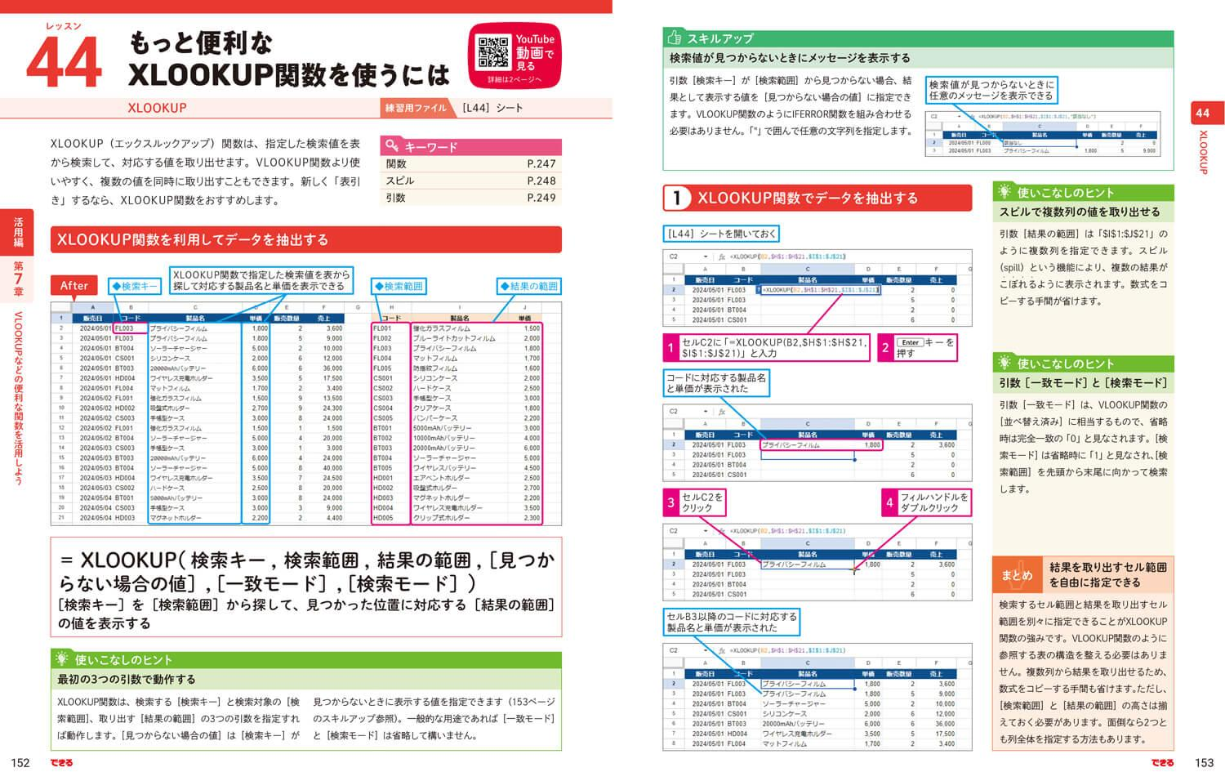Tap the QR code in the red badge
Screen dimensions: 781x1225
pyautogui.click(x=493, y=53)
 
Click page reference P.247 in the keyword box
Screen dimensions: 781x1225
pyautogui.click(x=541, y=164)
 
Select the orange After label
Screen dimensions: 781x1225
pyautogui.click(x=73, y=285)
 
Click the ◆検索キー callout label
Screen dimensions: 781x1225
pyautogui.click(x=135, y=286)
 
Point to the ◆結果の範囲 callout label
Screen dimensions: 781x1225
pyautogui.click(x=529, y=286)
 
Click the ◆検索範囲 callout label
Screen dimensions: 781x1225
pyautogui.click(x=399, y=286)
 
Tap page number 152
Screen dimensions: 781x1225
pyautogui.click(x=20, y=763)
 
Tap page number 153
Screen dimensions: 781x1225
pyautogui.click(x=1204, y=763)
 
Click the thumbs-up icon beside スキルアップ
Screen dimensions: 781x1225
pyautogui.click(x=675, y=38)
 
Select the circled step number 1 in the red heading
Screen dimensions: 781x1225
pyautogui.click(x=676, y=198)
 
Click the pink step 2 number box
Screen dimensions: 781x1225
pyautogui.click(x=885, y=348)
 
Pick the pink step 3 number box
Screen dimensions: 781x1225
pyautogui.click(x=670, y=502)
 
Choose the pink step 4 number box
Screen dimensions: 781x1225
pyautogui.click(x=889, y=502)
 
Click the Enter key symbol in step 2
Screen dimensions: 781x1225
pyautogui.click(x=910, y=342)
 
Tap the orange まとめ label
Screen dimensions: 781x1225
pyautogui.click(x=1017, y=575)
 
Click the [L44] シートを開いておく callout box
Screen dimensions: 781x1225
pyautogui.click(x=721, y=234)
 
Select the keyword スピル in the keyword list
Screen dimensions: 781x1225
pyautogui.click(x=400, y=181)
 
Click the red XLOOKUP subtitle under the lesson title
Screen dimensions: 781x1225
pyautogui.click(x=157, y=108)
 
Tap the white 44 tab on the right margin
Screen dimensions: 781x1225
pyautogui.click(x=1202, y=113)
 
